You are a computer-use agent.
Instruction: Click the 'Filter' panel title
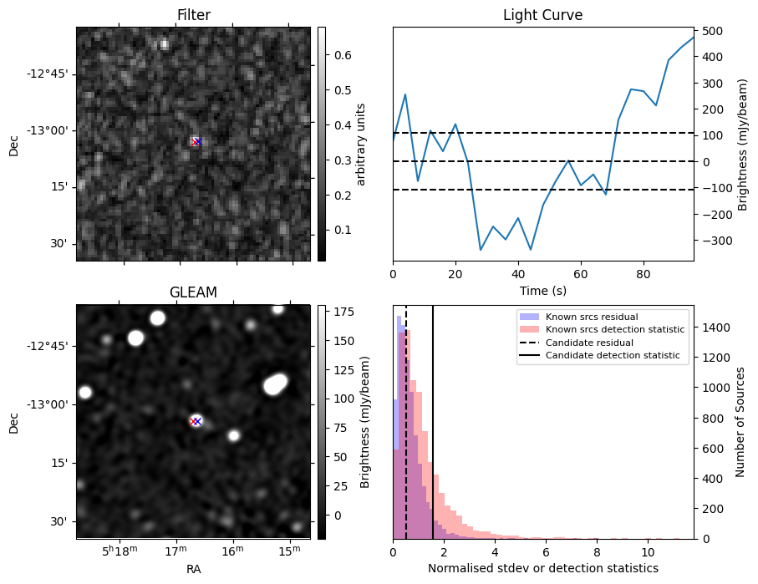193,15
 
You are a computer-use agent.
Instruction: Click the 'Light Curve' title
542,15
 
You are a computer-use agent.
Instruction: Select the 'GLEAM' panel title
193,292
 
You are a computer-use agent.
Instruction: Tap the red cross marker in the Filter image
196,142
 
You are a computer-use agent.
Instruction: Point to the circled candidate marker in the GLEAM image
196,421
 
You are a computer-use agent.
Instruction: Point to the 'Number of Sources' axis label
740,421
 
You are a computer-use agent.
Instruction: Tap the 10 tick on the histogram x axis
648,552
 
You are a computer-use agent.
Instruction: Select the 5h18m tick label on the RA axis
119,552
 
